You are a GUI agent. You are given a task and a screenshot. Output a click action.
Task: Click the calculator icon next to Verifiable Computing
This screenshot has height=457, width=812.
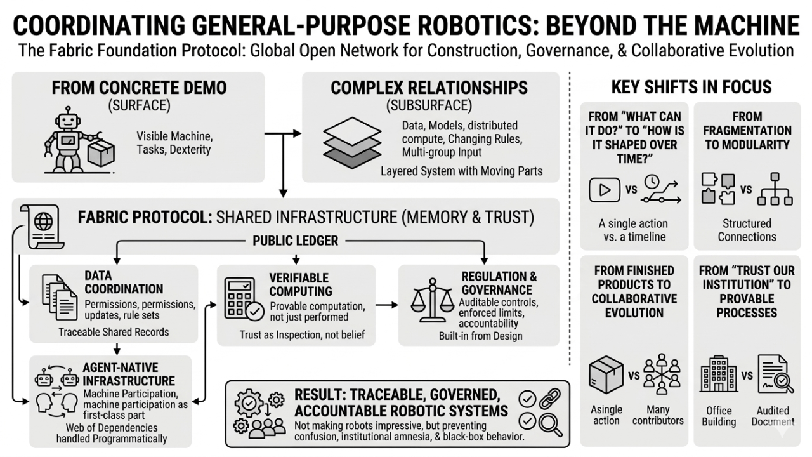point(243,301)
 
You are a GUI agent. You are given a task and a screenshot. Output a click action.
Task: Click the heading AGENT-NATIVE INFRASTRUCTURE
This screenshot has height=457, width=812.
point(129,374)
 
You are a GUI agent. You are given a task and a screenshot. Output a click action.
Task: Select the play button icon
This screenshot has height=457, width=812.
point(605,189)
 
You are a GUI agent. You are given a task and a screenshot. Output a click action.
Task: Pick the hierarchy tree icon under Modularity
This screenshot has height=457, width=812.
point(775,189)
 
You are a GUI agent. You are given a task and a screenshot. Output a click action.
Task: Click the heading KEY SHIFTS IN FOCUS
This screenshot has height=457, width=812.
point(691,87)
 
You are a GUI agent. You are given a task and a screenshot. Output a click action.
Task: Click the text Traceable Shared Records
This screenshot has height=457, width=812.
point(114,332)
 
